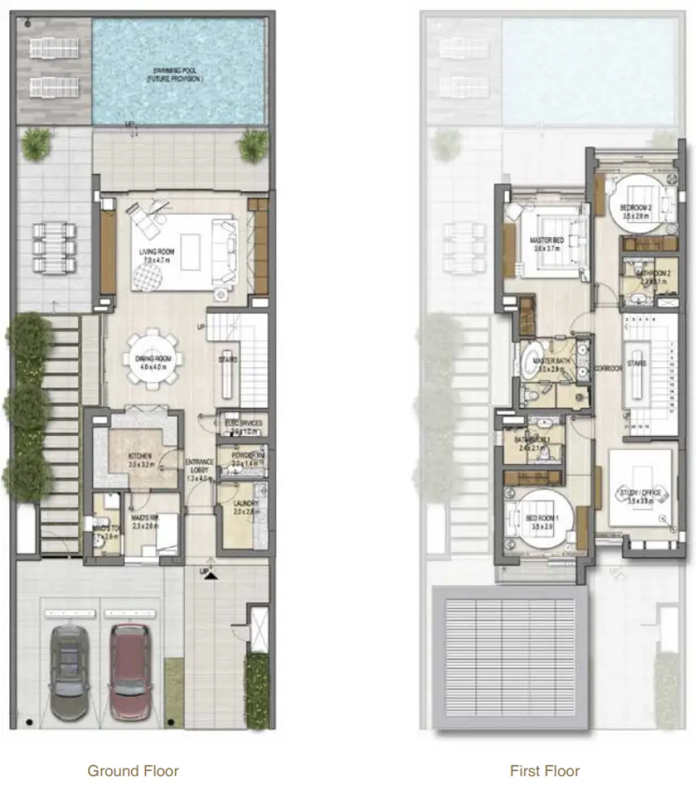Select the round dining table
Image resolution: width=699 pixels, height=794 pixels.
point(153,359)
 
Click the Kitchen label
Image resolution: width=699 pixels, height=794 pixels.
point(139,456)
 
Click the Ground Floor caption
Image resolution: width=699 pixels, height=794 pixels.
point(133,771)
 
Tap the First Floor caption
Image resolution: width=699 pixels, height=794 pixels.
point(544,771)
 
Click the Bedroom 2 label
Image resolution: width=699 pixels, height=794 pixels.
point(636,209)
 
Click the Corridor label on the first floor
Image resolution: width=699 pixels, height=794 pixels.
point(608,368)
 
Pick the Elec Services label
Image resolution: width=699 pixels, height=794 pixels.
point(243,423)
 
